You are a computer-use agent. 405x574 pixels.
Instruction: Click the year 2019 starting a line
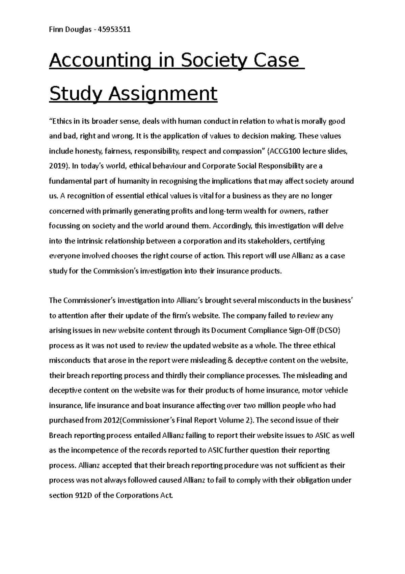click(x=56, y=166)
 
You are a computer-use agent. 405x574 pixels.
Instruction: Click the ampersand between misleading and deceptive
click(x=231, y=360)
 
